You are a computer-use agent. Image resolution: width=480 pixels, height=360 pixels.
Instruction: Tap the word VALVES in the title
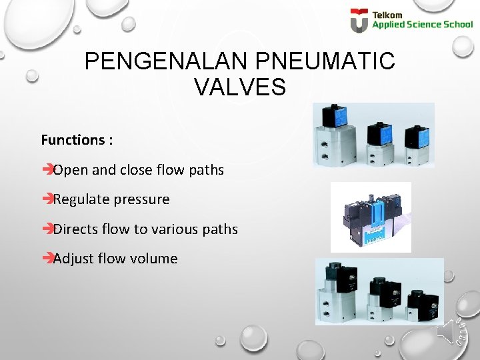pos(240,87)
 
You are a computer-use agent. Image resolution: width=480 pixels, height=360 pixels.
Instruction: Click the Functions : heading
pos(77,140)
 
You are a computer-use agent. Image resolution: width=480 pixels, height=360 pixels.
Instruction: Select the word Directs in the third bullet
pos(75,229)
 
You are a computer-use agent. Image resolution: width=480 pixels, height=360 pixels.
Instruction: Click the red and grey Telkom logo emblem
pos(359,20)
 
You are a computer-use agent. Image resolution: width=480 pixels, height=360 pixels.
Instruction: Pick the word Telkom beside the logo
pos(387,15)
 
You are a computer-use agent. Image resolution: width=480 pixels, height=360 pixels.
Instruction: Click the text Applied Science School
pos(422,25)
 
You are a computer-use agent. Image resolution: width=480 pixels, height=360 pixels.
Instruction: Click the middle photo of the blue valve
pos(370,217)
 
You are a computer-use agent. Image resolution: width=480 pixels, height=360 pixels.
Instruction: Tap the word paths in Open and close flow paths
pos(207,170)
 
